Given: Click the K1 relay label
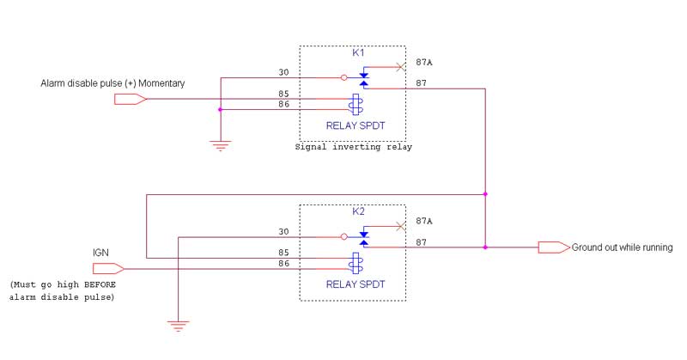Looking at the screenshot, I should [x=358, y=53].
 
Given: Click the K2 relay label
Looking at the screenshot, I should [x=359, y=211].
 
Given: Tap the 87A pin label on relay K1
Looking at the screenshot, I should [x=423, y=62].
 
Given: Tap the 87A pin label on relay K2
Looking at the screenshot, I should [x=423, y=221].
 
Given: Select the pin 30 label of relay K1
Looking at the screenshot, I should [x=283, y=72].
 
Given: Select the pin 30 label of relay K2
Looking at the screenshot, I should [x=283, y=231].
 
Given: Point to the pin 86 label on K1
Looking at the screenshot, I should [x=283, y=104].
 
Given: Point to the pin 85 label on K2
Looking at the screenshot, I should [x=283, y=253].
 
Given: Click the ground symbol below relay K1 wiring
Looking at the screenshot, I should [x=221, y=146].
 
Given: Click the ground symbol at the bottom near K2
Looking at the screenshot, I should [x=177, y=325].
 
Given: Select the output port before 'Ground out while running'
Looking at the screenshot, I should [x=553, y=247].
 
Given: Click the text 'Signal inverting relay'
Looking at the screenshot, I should [x=352, y=147].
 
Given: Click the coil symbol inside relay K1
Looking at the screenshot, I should [x=354, y=105].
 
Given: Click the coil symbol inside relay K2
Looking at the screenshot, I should [x=354, y=263].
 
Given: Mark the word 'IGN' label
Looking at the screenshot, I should [x=101, y=252].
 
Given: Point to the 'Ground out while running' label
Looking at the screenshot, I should [x=622, y=247].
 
